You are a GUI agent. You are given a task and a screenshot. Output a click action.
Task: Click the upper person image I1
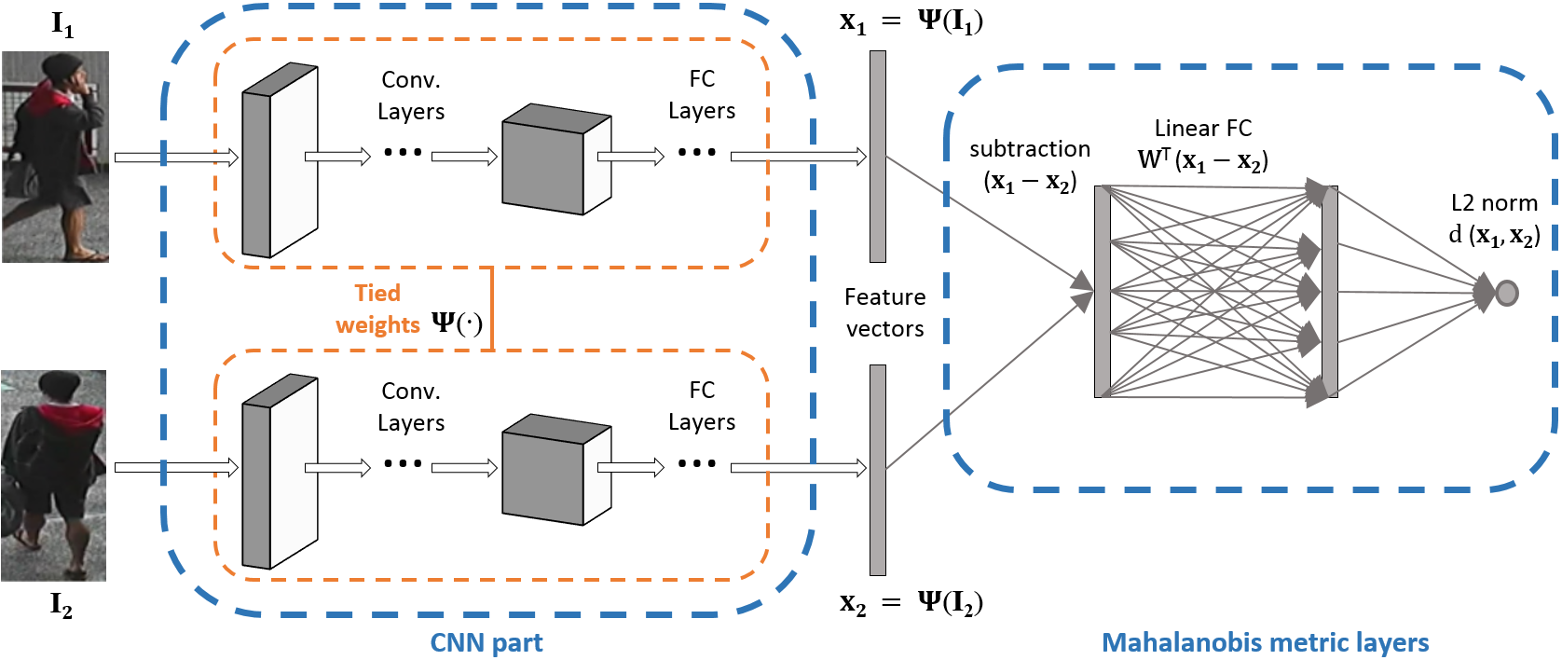pyautogui.click(x=55, y=157)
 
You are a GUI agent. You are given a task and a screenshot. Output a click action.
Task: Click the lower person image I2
pyautogui.click(x=53, y=475)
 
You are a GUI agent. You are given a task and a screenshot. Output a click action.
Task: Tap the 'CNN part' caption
pyautogui.click(x=486, y=642)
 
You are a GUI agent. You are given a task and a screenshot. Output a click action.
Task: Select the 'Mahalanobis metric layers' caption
pyautogui.click(x=1265, y=642)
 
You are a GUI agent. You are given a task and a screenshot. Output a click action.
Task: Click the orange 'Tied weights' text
pyautogui.click(x=377, y=309)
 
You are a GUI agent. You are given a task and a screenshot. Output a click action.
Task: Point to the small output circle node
pyautogui.click(x=1506, y=293)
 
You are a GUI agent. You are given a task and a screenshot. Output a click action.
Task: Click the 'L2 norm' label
pyautogui.click(x=1494, y=203)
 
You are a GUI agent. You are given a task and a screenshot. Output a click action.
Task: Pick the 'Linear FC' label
pyautogui.click(x=1202, y=129)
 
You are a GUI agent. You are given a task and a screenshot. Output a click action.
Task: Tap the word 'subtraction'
pyautogui.click(x=1029, y=149)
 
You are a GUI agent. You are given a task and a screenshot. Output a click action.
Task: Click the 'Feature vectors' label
pyautogui.click(x=884, y=312)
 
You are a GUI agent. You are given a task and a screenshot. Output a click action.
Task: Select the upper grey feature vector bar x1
pyautogui.click(x=877, y=157)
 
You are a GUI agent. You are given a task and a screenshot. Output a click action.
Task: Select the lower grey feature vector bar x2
pyautogui.click(x=877, y=470)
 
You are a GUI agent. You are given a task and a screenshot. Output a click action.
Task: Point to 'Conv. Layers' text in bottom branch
pyautogui.click(x=411, y=407)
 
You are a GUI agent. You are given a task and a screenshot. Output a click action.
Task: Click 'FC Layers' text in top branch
pyautogui.click(x=702, y=95)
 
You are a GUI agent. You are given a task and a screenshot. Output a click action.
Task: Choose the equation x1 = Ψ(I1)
pyautogui.click(x=911, y=21)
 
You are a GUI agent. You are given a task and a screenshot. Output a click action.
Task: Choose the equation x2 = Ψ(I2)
pyautogui.click(x=911, y=603)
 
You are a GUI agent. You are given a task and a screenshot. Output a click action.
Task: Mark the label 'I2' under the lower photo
pyautogui.click(x=61, y=605)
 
